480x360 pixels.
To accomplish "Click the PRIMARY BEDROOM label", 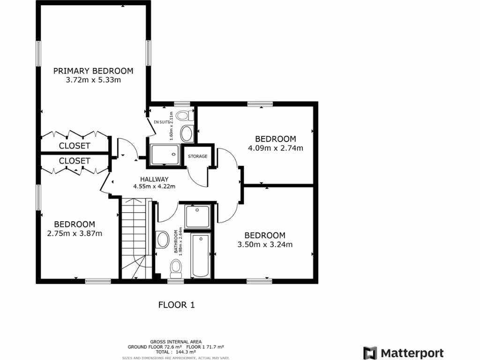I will pyautogui.click(x=93, y=71).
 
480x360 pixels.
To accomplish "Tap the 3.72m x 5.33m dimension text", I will pyautogui.click(x=93, y=80).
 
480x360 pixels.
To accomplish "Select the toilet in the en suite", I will pyautogui.click(x=186, y=115).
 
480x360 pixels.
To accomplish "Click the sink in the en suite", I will pyautogui.click(x=187, y=134).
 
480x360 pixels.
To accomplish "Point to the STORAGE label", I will pyautogui.click(x=197, y=156).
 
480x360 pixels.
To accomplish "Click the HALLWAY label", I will pyautogui.click(x=154, y=179).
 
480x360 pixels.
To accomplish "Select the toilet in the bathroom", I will pyautogui.click(x=176, y=268).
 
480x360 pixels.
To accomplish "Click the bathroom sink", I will pyautogui.click(x=163, y=240).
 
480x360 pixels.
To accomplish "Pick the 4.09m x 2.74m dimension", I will pyautogui.click(x=275, y=148).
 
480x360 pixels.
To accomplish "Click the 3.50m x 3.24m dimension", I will pyautogui.click(x=265, y=244).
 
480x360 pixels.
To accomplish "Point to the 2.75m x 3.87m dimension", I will pyautogui.click(x=75, y=233).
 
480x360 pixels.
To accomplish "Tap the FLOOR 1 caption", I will pyautogui.click(x=176, y=305).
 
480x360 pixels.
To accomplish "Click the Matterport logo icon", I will pyautogui.click(x=370, y=353).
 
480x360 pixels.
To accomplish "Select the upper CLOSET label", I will pyautogui.click(x=75, y=146).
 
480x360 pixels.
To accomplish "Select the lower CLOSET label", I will pyautogui.click(x=75, y=161).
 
